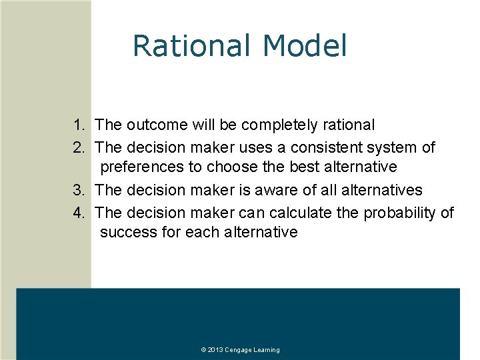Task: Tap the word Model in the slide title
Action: pyautogui.click(x=305, y=46)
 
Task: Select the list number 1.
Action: pyautogui.click(x=79, y=125)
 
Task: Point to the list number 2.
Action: pyautogui.click(x=79, y=147)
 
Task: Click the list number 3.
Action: pyautogui.click(x=79, y=190)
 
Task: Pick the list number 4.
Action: pyautogui.click(x=79, y=213)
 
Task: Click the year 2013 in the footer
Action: pyautogui.click(x=215, y=350)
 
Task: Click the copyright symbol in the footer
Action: pyautogui.click(x=203, y=350)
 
